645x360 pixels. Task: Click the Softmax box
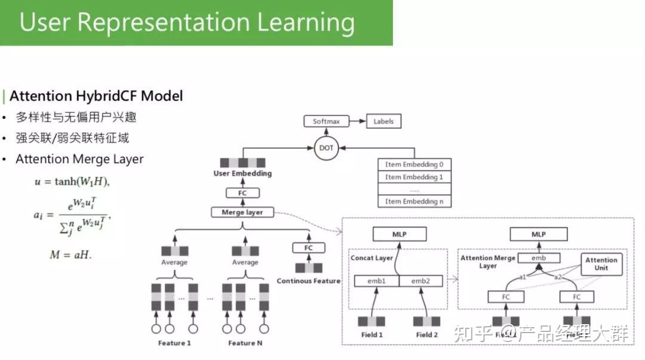point(326,121)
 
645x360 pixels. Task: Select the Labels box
point(383,121)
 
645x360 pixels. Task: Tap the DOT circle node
point(326,147)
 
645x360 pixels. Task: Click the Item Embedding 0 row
point(414,164)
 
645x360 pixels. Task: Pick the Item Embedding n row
point(414,201)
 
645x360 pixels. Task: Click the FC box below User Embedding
point(242,193)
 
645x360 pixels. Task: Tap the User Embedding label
point(242,174)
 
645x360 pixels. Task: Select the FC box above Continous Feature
point(309,248)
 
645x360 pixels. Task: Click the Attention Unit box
point(601,264)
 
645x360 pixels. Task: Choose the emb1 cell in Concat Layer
point(376,281)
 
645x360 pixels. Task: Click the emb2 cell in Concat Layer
point(420,281)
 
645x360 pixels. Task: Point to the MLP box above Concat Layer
point(400,235)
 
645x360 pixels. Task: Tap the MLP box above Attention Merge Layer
point(538,235)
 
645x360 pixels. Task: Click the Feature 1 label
point(174,343)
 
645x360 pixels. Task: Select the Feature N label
point(245,343)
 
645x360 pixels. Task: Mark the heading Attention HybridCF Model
point(96,96)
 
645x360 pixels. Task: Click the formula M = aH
point(70,255)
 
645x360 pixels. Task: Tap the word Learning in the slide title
point(305,22)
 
